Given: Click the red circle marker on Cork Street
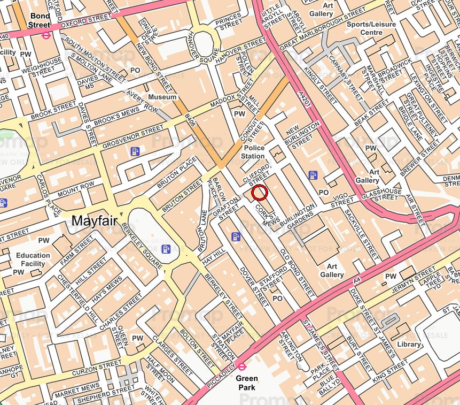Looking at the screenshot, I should pos(259,192).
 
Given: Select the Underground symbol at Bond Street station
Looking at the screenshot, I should pos(46,35).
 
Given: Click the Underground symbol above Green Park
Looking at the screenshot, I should pos(241,366).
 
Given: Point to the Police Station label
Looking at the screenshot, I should pos(254,151).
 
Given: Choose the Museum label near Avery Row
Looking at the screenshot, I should pos(162,97).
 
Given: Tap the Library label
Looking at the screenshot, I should pos(409,344).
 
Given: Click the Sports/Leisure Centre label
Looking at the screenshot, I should pos(372,28).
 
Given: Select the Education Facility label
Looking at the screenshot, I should pos(33,259).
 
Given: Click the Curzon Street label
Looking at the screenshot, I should pos(97,365).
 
